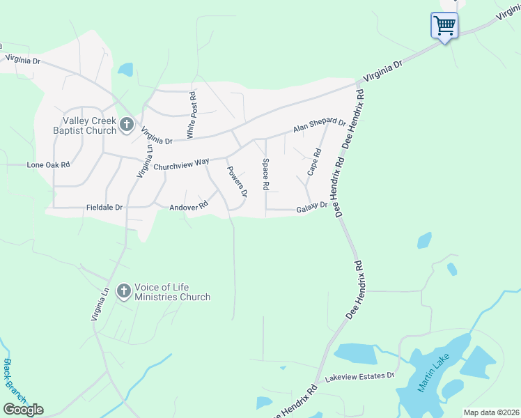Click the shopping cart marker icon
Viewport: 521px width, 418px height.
(x=444, y=26)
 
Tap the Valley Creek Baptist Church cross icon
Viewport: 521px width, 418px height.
(x=126, y=124)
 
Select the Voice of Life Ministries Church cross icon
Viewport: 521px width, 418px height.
(x=123, y=291)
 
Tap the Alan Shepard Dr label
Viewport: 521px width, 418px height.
(x=319, y=126)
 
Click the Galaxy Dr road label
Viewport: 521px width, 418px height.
(x=311, y=208)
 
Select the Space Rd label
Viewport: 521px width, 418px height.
(x=265, y=175)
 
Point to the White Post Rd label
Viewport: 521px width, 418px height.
(x=191, y=114)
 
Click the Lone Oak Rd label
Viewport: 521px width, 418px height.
(x=49, y=165)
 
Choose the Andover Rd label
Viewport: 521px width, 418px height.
(x=189, y=206)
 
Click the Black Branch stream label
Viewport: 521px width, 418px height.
(x=15, y=381)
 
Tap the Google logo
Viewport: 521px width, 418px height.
(x=23, y=410)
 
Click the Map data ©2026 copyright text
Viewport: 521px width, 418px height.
(x=490, y=412)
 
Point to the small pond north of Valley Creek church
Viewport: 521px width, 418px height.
(x=125, y=70)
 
